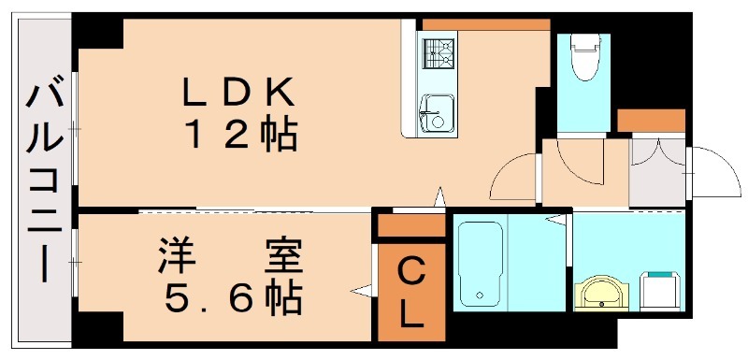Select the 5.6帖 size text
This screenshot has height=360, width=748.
233,298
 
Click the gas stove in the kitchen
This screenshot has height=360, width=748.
437,52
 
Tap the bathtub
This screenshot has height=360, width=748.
481,263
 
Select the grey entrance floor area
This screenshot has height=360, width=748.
657,173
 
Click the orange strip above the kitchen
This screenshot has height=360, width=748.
485,23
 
